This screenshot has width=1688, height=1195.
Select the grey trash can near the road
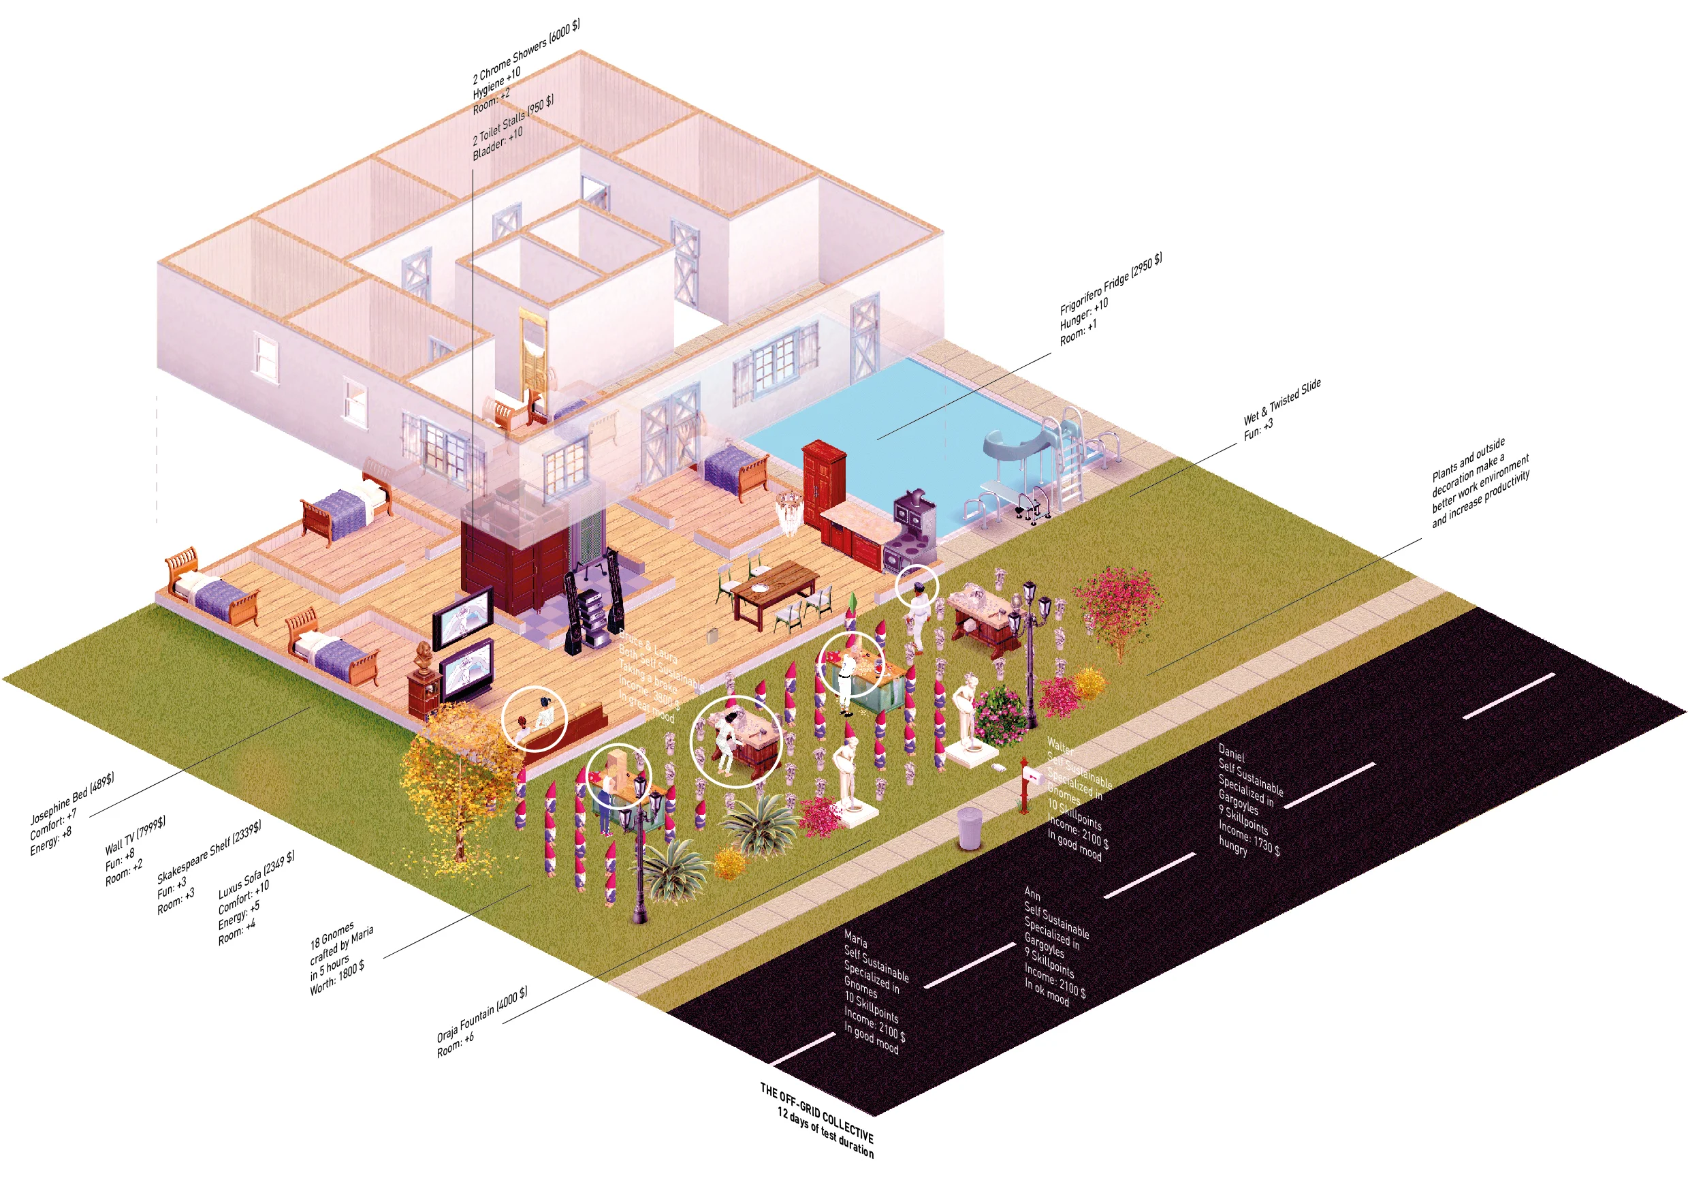pyautogui.click(x=970, y=827)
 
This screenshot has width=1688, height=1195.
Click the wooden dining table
pyautogui.click(x=776, y=589)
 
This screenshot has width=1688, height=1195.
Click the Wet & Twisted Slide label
pyautogui.click(x=1281, y=401)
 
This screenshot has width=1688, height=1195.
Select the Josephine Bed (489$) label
pyautogui.click(x=71, y=798)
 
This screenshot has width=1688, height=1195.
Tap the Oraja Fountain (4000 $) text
pyautogui.click(x=482, y=1015)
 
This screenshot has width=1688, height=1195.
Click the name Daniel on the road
pyautogui.click(x=1231, y=754)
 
